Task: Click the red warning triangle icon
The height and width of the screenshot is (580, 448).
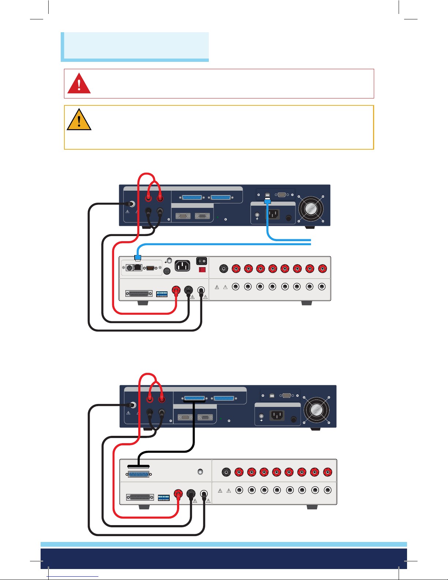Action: (x=79, y=84)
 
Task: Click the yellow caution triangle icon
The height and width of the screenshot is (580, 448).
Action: (x=79, y=120)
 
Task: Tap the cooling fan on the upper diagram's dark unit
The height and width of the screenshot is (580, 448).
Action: (x=310, y=209)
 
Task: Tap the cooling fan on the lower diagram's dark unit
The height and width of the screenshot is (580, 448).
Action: (x=316, y=409)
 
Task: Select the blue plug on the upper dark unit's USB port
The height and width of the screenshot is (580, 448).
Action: (x=267, y=201)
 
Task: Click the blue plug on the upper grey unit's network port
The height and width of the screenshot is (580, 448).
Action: (x=138, y=258)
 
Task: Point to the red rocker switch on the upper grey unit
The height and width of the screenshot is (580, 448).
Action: (x=202, y=270)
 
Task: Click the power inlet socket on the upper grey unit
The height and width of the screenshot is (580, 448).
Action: (x=182, y=266)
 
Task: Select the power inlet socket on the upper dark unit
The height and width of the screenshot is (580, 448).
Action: (x=273, y=214)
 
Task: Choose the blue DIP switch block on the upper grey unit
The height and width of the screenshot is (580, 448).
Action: (x=162, y=294)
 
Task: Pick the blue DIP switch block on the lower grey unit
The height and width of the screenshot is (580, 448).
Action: (x=163, y=498)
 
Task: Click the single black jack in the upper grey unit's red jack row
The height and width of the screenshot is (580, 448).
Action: (x=223, y=269)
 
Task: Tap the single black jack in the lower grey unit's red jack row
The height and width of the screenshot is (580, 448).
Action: (x=226, y=472)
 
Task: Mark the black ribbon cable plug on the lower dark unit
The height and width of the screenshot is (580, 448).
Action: (x=194, y=401)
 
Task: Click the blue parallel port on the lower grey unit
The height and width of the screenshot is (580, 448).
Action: (x=139, y=475)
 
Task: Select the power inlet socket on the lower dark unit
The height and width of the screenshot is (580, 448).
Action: (x=277, y=415)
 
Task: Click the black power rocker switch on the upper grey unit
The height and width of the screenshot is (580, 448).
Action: (x=202, y=261)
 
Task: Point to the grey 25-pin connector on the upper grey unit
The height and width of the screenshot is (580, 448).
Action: (x=139, y=294)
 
